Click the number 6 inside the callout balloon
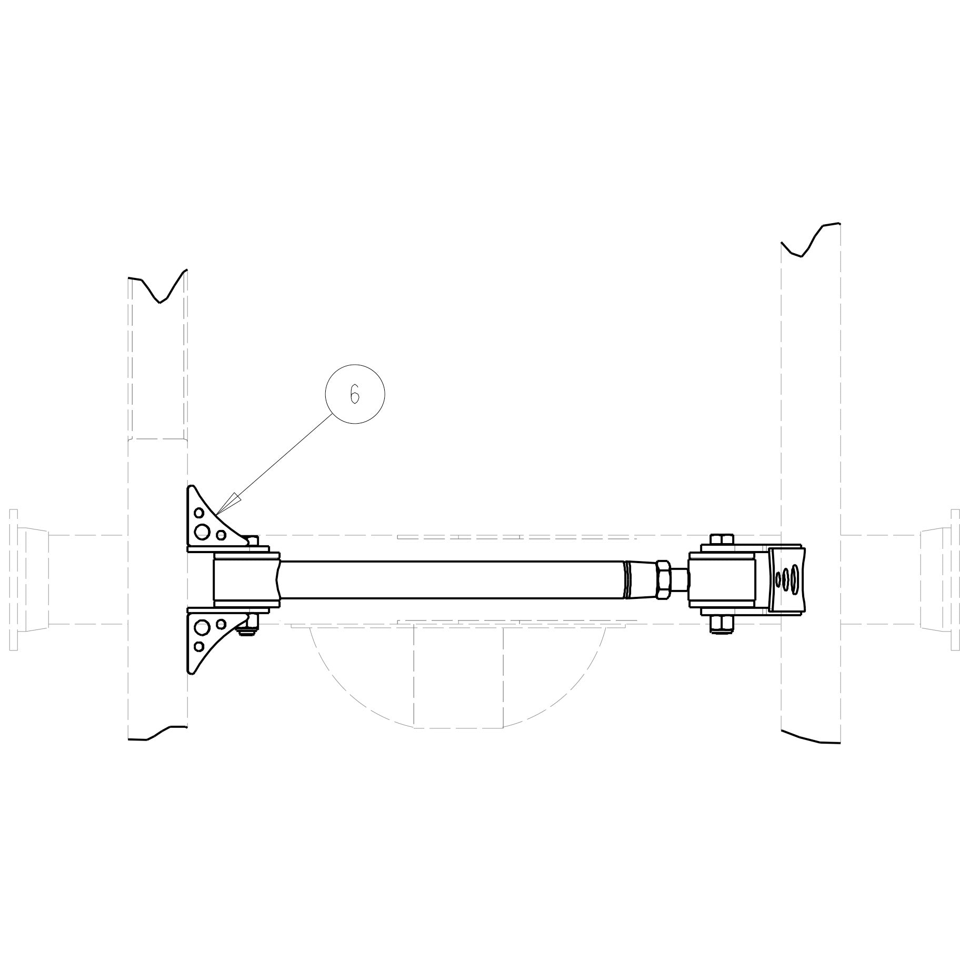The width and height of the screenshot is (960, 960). point(355,394)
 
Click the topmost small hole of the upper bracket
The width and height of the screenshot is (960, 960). point(199,513)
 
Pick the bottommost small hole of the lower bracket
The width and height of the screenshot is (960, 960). point(199,646)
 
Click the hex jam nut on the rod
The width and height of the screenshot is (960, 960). point(663,579)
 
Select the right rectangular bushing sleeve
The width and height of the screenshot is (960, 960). point(722,579)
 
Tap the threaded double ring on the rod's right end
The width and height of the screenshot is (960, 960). point(626,579)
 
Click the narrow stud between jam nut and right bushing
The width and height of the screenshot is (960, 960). point(679,579)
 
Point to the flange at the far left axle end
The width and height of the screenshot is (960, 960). point(14,579)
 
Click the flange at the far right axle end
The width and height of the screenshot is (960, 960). point(955,579)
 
